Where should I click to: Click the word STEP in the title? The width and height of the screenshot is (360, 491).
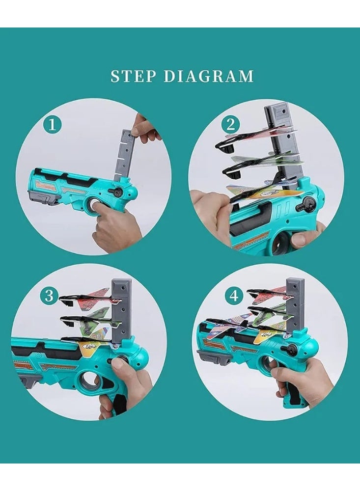click(x=133, y=77)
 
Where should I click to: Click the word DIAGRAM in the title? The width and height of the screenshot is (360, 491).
click(x=209, y=77)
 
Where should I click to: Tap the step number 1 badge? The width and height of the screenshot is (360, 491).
click(x=53, y=125)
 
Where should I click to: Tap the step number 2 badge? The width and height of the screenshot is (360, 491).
click(x=231, y=125)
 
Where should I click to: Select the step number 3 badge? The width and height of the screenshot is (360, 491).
click(x=49, y=296)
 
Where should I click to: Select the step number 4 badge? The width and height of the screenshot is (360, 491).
click(x=234, y=296)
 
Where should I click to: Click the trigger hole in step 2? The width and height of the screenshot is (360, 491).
click(x=280, y=244)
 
